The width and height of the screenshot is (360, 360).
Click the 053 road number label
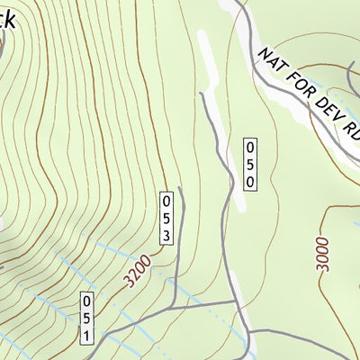pos(166,218)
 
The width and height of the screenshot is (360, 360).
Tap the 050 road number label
pos(251,164)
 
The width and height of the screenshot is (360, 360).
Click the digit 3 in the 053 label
pos(166,235)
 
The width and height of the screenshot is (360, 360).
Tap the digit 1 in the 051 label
pos(86,335)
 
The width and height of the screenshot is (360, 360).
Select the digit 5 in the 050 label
pos(251,164)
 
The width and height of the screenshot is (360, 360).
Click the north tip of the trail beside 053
pos(180,188)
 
